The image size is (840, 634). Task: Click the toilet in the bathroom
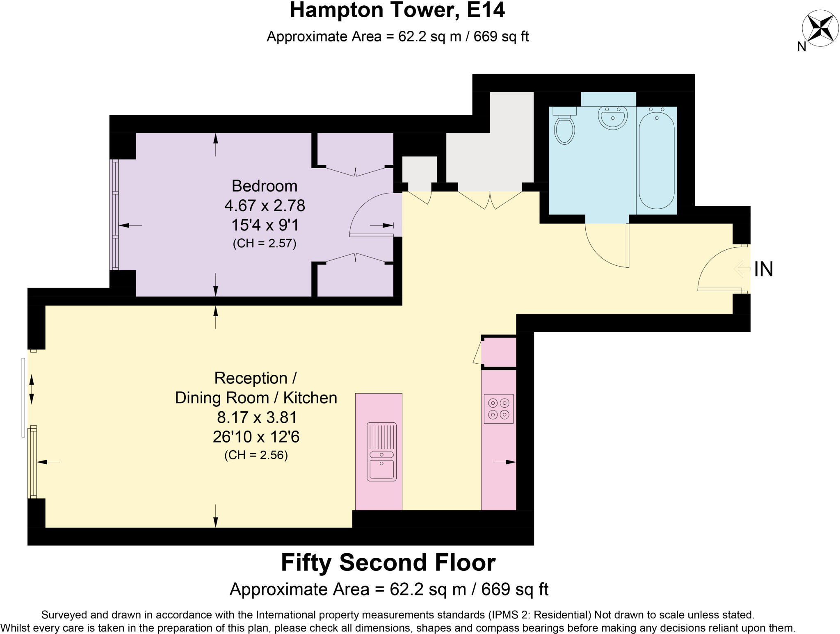(564, 125)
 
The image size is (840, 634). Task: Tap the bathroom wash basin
(612, 117)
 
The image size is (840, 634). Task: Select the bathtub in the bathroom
(656, 157)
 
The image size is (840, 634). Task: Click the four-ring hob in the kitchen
(499, 408)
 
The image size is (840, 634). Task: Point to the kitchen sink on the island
(381, 451)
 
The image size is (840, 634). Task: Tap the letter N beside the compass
(802, 47)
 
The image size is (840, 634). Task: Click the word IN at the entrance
(764, 269)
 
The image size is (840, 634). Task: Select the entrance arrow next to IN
(742, 269)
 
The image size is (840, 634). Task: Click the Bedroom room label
(265, 186)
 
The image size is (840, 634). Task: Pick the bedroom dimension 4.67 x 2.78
(265, 205)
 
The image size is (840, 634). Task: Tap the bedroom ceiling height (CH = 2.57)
(265, 244)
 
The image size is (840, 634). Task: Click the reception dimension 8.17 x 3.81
(257, 417)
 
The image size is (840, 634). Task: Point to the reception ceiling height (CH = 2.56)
(256, 455)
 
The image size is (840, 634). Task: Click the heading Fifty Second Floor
(388, 563)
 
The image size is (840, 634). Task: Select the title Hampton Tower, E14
(397, 11)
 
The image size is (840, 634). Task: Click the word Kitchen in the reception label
(310, 398)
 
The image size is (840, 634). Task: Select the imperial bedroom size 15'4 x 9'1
(265, 225)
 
